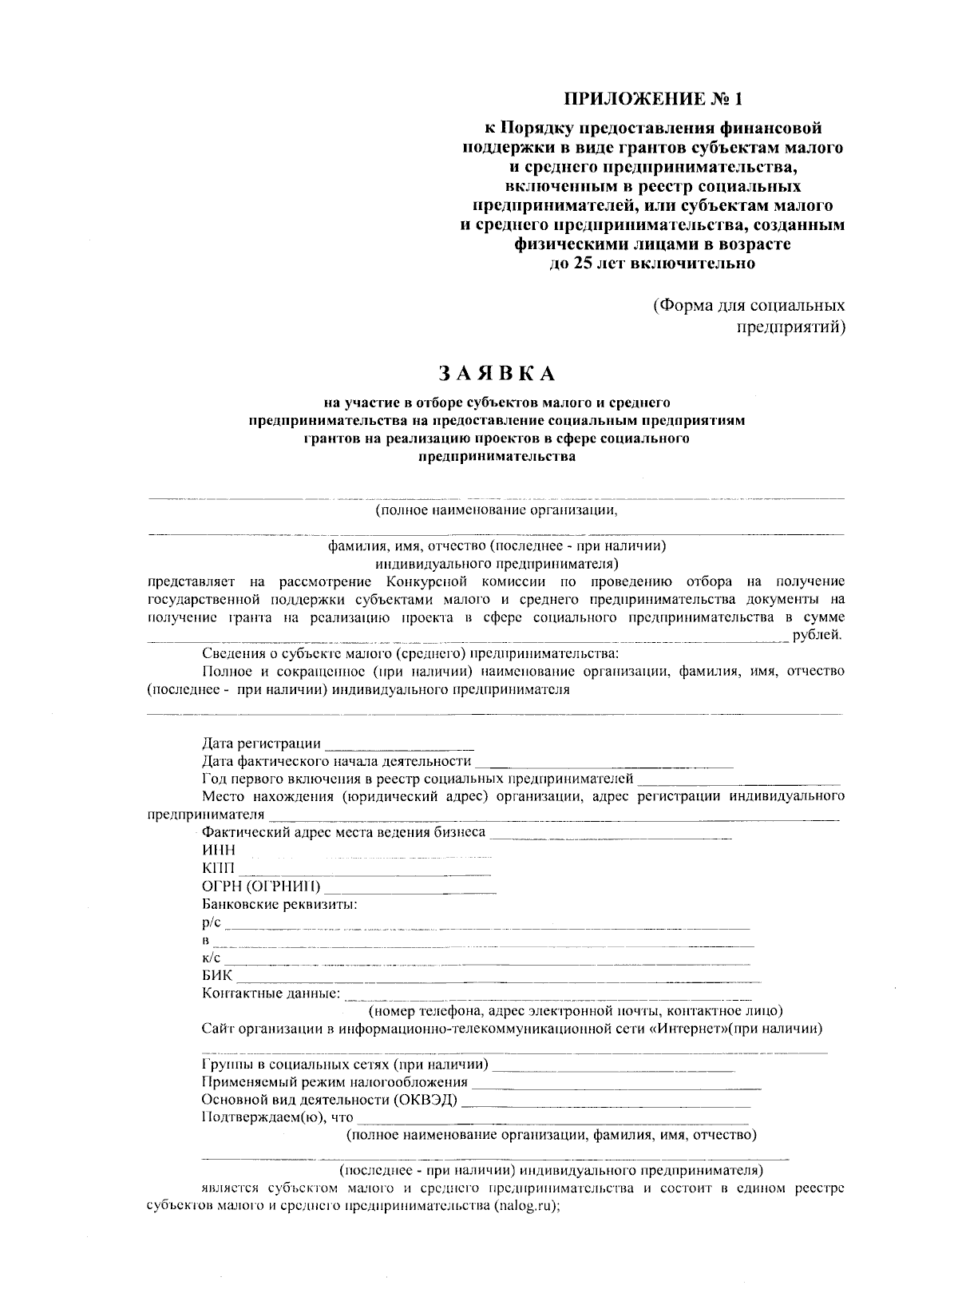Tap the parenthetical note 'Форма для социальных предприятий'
[x=748, y=316]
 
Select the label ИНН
[x=219, y=851]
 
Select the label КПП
[x=219, y=869]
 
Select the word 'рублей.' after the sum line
[x=817, y=636]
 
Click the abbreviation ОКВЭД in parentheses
[x=426, y=1101]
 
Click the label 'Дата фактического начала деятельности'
[x=336, y=761]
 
